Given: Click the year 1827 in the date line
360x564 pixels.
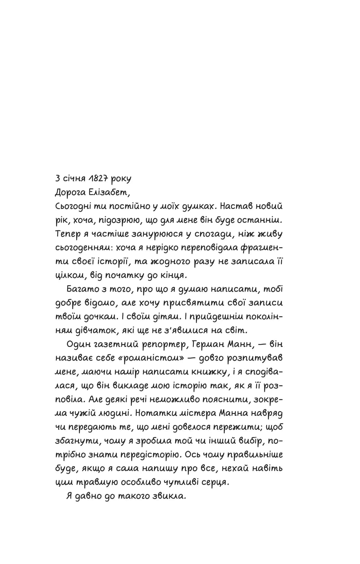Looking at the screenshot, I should tap(98, 179).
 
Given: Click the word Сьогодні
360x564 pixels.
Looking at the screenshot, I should tap(73, 207).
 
